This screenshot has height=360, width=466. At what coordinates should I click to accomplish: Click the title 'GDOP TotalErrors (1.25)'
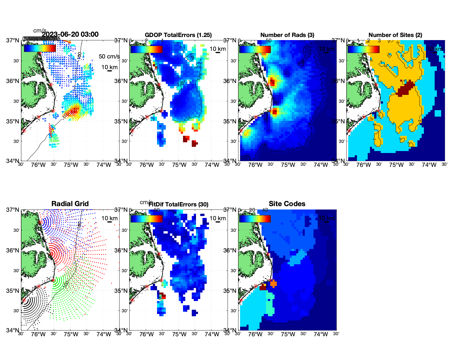pyautogui.click(x=178, y=35)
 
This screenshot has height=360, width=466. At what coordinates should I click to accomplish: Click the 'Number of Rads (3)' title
pyautogui.click(x=287, y=35)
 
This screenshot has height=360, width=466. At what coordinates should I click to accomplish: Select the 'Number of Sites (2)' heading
pyautogui.click(x=395, y=35)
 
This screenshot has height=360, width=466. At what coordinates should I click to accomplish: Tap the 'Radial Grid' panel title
pyautogui.click(x=70, y=204)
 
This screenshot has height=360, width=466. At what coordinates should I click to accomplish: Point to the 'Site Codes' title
pyautogui.click(x=287, y=204)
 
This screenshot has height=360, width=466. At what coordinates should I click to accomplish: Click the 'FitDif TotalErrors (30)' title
pyautogui.click(x=178, y=204)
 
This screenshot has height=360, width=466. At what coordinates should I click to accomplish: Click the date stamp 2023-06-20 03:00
pyautogui.click(x=70, y=34)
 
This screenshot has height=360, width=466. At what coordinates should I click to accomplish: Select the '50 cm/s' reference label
pyautogui.click(x=109, y=56)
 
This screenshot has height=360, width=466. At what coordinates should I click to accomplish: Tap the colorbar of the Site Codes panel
pyautogui.click(x=255, y=219)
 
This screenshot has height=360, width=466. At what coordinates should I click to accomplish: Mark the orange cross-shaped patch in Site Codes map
pyautogui.click(x=273, y=283)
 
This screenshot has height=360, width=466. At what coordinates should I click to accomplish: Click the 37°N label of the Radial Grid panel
pyautogui.click(x=13, y=210)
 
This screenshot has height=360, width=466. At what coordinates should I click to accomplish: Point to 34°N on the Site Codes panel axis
pyautogui.click(x=230, y=330)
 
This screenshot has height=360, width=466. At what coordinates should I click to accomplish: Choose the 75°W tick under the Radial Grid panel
pyautogui.click(x=71, y=334)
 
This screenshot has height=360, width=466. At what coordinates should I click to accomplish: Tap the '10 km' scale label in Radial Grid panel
pyautogui.click(x=110, y=218)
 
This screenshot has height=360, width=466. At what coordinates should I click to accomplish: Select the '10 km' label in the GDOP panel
pyautogui.click(x=218, y=49)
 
